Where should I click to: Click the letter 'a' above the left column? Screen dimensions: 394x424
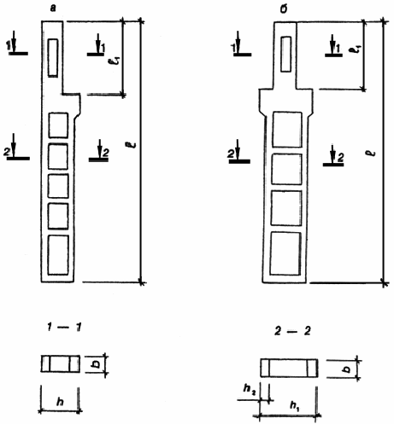[x=53, y=9]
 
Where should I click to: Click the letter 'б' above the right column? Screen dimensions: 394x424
[x=284, y=9]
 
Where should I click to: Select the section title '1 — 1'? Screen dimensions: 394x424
[x=65, y=328]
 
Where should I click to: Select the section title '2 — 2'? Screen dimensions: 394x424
[x=292, y=331]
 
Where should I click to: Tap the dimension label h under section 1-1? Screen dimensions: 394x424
[x=60, y=402]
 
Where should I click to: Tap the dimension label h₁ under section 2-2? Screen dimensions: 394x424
[x=294, y=405]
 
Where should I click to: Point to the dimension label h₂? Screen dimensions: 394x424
[x=250, y=389]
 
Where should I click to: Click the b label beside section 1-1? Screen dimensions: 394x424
[x=97, y=363]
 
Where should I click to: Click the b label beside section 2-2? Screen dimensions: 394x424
[x=347, y=369]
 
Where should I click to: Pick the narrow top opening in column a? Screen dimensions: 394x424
[x=53, y=58]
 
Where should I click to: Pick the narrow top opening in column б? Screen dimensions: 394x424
[x=285, y=54]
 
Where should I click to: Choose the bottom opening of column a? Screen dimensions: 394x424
[x=58, y=255]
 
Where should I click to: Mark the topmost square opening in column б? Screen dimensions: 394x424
[x=287, y=130]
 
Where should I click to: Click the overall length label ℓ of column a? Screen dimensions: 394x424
[x=133, y=145]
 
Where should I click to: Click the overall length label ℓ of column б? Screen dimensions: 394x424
[x=373, y=154]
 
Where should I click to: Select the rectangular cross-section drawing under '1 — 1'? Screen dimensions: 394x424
[x=61, y=363]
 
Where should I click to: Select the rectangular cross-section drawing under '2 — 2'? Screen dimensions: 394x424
[x=289, y=368]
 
